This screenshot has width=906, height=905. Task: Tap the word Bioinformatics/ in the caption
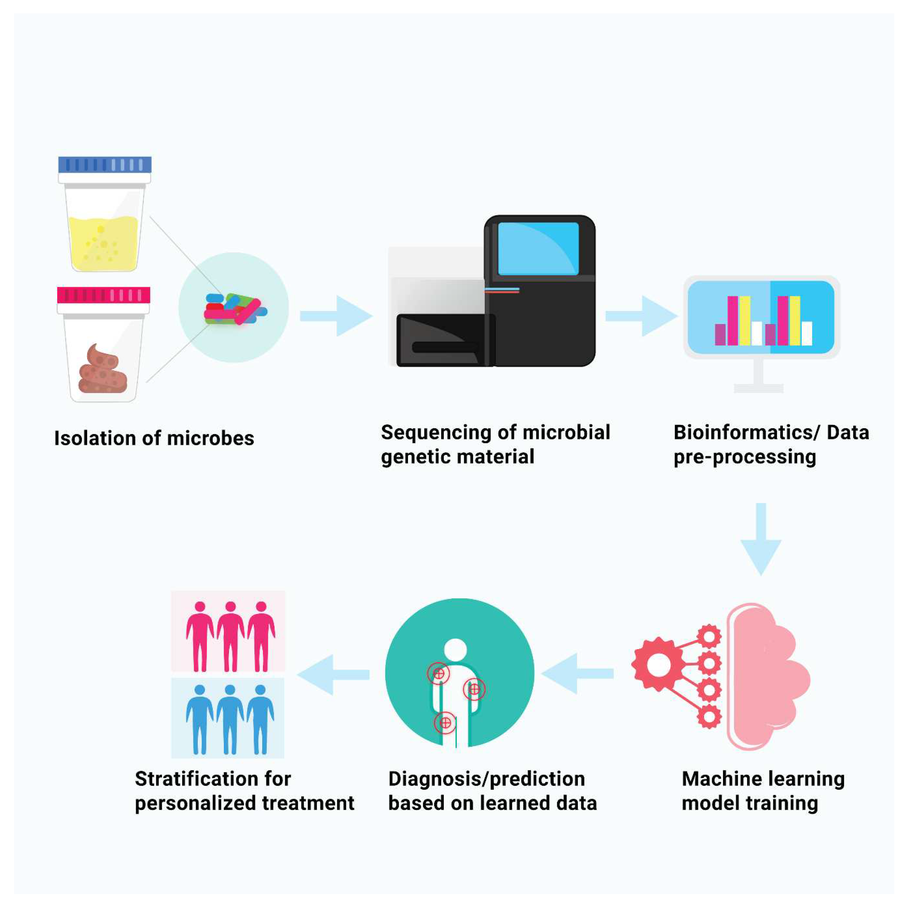[x=746, y=432]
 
